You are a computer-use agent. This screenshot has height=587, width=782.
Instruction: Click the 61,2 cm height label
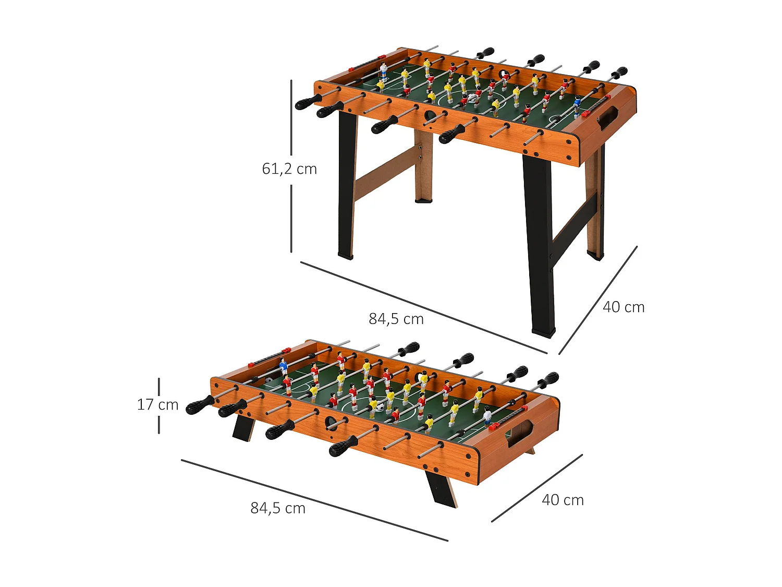(x=289, y=169)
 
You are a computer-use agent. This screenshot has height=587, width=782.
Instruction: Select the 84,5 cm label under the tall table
(x=396, y=319)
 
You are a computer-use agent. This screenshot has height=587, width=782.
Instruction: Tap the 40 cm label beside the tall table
(x=624, y=307)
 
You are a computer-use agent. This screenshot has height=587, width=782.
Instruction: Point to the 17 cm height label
(x=157, y=405)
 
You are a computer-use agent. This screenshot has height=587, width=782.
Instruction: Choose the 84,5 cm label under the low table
(x=278, y=508)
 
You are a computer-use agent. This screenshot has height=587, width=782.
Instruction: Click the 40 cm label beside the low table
(x=563, y=500)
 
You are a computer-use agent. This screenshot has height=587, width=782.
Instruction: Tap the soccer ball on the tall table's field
(x=472, y=98)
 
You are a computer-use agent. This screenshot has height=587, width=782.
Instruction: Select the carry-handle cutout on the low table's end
(x=520, y=433)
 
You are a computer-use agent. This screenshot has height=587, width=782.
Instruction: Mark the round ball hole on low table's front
(x=331, y=422)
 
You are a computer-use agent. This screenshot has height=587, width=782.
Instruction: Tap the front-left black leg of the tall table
(x=346, y=188)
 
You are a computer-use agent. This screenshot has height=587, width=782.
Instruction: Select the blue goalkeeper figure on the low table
(x=284, y=366)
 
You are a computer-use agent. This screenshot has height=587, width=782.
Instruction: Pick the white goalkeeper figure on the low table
(x=487, y=416)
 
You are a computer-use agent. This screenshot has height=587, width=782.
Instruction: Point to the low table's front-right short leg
(x=441, y=488)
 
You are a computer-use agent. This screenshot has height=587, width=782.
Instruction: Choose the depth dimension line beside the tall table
(x=598, y=300)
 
